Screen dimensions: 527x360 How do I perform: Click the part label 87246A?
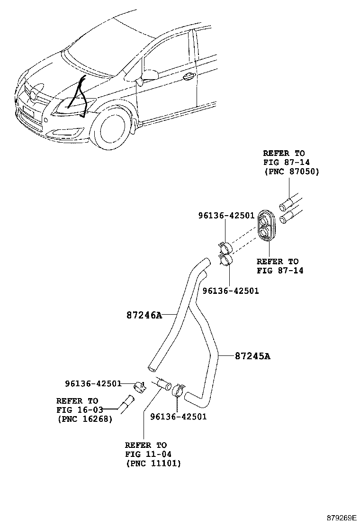[144, 315]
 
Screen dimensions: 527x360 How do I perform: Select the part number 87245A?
[252, 356]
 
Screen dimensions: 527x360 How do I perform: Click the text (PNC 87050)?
[291, 172]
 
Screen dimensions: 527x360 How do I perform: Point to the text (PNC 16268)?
[85, 418]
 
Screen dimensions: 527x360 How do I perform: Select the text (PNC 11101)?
[153, 463]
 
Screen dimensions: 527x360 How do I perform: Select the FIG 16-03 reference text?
[77, 409]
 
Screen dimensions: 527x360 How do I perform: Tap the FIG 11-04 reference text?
[146, 454]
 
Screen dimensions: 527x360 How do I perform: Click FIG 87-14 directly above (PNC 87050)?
[287, 162]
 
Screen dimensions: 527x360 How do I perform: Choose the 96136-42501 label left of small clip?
[93, 383]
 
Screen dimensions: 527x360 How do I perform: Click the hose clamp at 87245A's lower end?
[178, 390]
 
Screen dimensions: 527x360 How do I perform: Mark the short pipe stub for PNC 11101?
[162, 382]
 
